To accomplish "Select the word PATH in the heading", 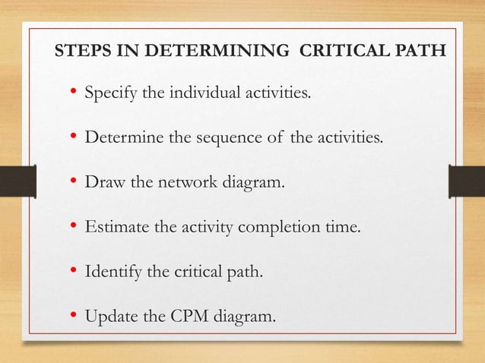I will coord(421,54).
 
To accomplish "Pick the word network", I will coord(185,182).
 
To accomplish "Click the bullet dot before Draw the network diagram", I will coord(74,182).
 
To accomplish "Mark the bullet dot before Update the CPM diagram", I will coord(74,312).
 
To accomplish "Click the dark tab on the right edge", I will coord(467,182).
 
